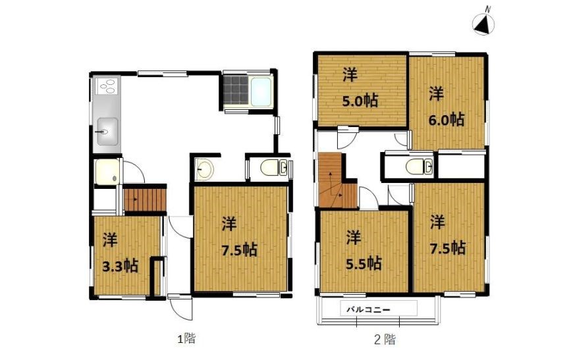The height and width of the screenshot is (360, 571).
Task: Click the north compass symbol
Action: tap(485, 24)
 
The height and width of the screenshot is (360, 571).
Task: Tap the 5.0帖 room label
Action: tap(360, 101)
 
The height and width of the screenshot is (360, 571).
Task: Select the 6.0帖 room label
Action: tap(447, 119)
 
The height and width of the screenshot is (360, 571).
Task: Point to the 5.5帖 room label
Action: tap(364, 263)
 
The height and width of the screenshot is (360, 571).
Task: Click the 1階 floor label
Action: tap(186, 340)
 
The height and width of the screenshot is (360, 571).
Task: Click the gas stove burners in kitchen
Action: tap(107, 87)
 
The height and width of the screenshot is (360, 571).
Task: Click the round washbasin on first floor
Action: tap(204, 170)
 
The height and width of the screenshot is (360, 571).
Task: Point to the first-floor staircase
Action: tap(145, 198)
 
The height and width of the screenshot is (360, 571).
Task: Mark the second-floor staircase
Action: tap(335, 182)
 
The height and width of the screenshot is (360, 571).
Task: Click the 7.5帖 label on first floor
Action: tap(238, 249)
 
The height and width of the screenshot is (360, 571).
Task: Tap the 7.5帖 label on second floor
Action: tap(448, 247)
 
